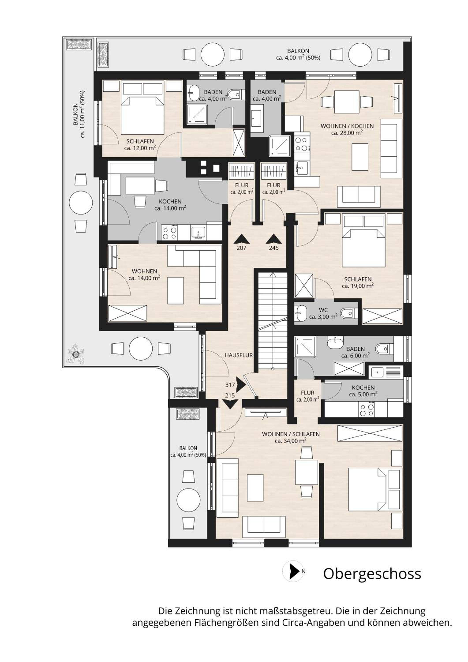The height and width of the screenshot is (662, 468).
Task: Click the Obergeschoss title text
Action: [372, 574]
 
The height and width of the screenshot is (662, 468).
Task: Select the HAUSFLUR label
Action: [239, 355]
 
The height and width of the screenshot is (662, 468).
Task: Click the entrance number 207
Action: [241, 248]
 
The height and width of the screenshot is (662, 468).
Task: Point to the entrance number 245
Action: [274, 248]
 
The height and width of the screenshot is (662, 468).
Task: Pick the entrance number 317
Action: [230, 385]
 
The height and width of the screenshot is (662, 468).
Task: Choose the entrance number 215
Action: [230, 396]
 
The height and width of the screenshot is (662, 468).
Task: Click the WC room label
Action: [323, 310]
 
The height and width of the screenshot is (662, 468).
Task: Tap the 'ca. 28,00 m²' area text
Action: [347, 133]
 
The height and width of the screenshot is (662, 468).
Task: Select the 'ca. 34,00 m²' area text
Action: [290, 441]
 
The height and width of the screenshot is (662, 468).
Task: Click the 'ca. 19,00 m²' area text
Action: [358, 286]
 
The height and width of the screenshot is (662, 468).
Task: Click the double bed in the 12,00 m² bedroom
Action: [142, 108]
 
